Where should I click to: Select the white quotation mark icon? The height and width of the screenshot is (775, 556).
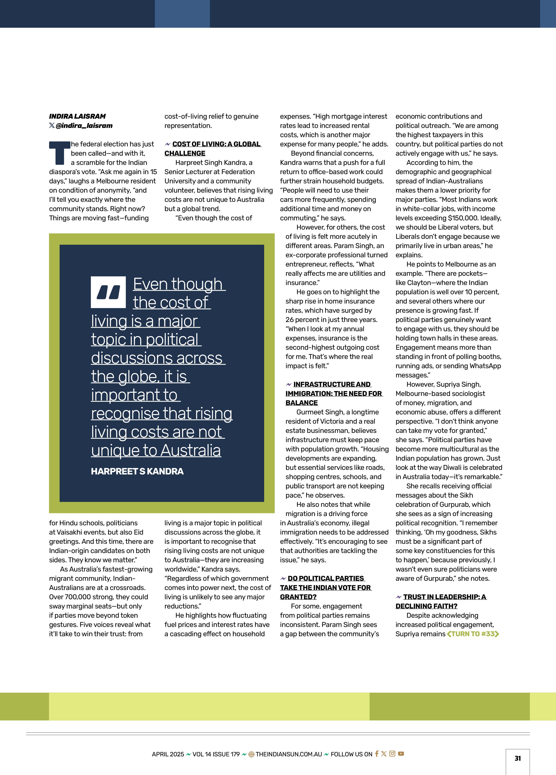coord(108,292)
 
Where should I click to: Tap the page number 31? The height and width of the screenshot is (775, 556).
coord(517,758)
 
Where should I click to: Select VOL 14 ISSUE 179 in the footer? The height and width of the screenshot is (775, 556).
coord(216,754)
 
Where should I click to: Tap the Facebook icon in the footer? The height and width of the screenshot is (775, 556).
coord(376,754)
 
